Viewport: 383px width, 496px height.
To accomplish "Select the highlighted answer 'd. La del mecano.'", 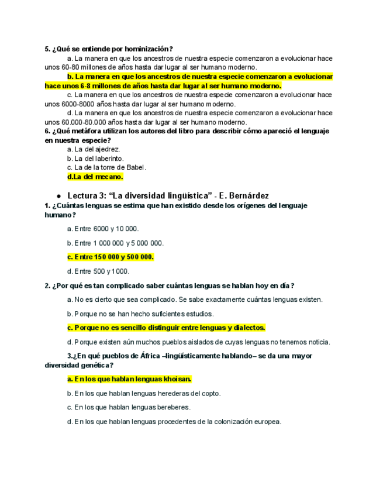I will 95,177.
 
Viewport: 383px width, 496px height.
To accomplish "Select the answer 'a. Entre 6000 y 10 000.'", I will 103,229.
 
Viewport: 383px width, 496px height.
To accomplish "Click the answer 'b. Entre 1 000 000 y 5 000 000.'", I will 115,243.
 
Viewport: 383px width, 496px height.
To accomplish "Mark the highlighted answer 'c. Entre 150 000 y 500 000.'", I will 111,257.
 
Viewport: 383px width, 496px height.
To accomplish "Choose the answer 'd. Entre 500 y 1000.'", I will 98,271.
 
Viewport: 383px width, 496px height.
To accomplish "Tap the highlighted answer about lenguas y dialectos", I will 167,328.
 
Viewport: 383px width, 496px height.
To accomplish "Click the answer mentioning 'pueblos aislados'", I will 199,342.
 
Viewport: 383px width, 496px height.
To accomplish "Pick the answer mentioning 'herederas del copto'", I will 144,394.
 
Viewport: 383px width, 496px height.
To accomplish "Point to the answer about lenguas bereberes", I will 129,408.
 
